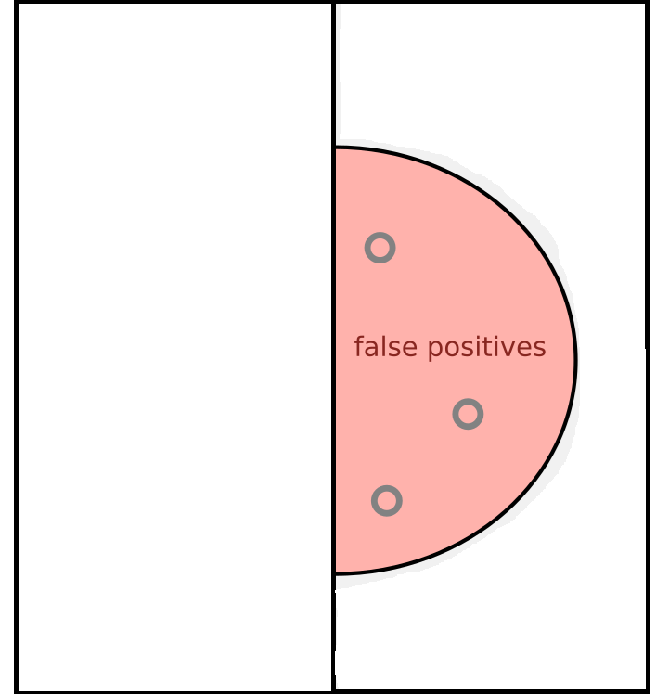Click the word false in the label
pos(376,347)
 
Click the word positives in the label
pos(476,348)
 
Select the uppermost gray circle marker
pos(380,248)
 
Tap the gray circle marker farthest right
pos(468,414)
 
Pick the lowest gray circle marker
pos(386,501)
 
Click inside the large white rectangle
pos(174,347)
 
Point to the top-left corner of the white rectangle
pos(17,3)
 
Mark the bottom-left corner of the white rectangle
pos(17,690)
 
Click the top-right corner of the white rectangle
pos(332,3)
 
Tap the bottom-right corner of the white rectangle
pos(332,690)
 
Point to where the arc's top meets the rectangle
pos(334,147)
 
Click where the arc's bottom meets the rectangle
pos(334,573)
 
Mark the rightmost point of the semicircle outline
pos(576,360)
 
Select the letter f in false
pos(359,346)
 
